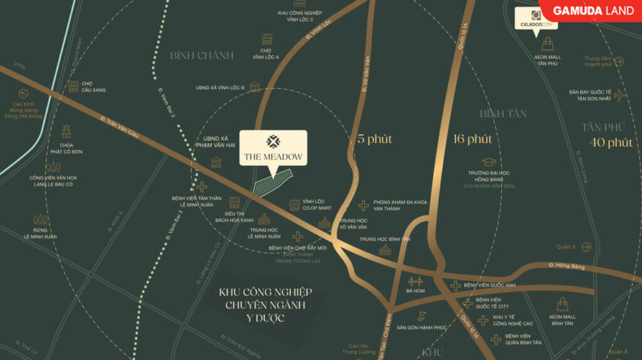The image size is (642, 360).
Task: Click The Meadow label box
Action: point(273,148)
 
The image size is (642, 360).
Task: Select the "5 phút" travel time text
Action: point(374,139)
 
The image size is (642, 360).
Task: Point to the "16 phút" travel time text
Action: point(472,139)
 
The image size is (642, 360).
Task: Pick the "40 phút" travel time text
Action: point(611,142)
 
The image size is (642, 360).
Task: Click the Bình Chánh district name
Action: point(202,56)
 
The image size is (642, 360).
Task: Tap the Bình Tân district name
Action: point(503,114)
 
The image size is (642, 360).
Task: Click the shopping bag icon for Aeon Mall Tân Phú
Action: point(547,44)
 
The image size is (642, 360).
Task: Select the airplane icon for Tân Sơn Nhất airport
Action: point(620,95)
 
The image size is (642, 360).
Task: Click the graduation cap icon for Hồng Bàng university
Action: point(488,162)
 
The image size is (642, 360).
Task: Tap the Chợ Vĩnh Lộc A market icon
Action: point(266,39)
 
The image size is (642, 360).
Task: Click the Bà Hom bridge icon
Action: point(415,281)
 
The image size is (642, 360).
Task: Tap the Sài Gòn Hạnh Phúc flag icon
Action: point(422,315)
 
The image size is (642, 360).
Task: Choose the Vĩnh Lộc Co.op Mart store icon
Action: point(295,204)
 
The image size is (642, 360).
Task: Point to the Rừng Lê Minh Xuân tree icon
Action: point(41,219)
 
